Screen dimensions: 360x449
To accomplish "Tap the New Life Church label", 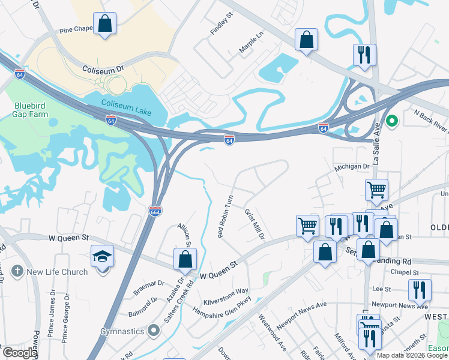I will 57,272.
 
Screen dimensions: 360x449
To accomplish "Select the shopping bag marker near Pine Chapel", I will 104,24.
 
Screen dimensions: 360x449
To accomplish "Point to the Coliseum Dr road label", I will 103,69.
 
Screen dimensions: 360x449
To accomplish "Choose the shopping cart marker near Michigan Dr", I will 376,190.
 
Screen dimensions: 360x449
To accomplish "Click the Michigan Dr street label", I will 352,166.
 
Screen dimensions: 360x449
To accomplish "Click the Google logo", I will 20,353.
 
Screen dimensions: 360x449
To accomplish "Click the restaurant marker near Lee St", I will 420,290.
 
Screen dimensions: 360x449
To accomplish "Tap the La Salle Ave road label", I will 378,145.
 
